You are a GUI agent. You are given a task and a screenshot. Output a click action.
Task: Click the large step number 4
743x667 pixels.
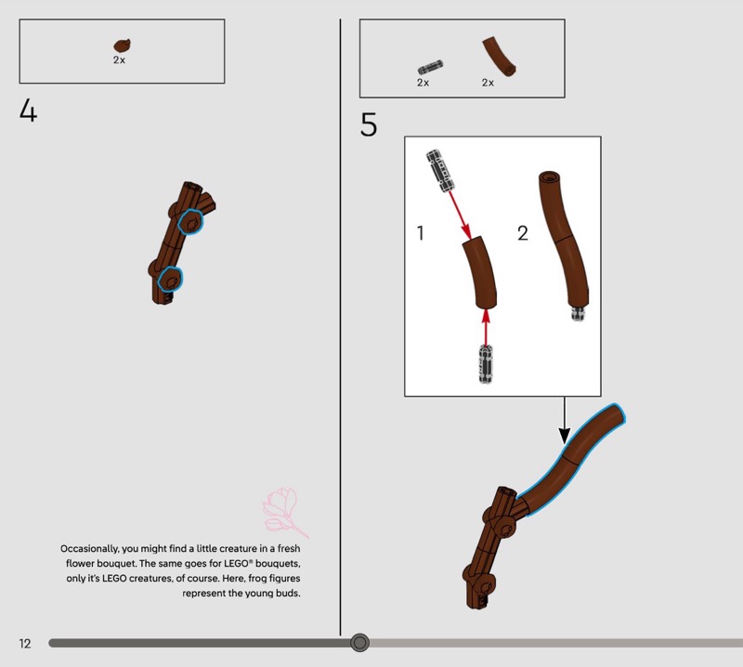tap(28, 111)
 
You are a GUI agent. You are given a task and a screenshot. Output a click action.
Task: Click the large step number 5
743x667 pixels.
tap(369, 124)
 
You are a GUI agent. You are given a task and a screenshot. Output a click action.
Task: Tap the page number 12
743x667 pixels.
tap(25, 643)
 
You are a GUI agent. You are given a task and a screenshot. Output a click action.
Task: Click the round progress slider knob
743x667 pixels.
tap(359, 642)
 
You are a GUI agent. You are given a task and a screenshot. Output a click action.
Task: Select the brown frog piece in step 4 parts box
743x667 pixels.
tap(123, 46)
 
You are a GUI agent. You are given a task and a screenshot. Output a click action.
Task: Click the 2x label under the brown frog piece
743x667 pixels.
tap(119, 60)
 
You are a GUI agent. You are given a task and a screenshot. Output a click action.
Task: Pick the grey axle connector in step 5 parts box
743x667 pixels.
tap(430, 67)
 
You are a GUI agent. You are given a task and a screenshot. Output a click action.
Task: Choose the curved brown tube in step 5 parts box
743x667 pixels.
tap(500, 56)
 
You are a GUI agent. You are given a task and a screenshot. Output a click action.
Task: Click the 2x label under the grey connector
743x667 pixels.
tap(424, 83)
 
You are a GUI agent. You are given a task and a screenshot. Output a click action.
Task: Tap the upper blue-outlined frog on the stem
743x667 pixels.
tap(190, 221)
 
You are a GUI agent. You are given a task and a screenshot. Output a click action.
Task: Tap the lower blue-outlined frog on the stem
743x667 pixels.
tap(170, 279)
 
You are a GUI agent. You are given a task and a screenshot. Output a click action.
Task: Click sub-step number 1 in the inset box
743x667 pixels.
tap(420, 233)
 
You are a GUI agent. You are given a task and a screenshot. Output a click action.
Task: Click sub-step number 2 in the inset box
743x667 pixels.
tap(523, 233)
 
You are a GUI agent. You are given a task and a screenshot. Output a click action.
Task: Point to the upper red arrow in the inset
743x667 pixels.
tap(460, 215)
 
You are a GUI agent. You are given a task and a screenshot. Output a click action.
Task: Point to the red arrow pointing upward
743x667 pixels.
tap(485, 327)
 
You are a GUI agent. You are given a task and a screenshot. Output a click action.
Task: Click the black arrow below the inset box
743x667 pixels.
tap(565, 421)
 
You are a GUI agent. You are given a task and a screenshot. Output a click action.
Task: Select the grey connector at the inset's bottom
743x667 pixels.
tap(486, 364)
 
